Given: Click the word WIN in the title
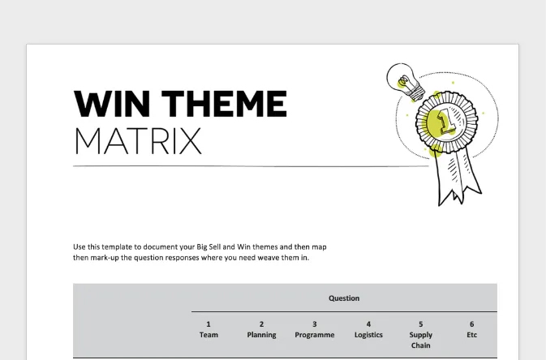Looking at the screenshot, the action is click(x=112, y=104).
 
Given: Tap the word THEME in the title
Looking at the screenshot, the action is click(x=224, y=104).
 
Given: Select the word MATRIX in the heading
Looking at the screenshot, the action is click(x=138, y=141).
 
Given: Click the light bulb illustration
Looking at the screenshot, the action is click(x=406, y=82).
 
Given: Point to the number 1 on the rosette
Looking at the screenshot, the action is click(x=446, y=121).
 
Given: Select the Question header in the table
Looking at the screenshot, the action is click(x=344, y=298).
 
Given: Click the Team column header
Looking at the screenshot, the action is click(x=209, y=335).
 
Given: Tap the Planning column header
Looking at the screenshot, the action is click(x=261, y=335).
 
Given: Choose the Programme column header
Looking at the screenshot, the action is click(x=315, y=335).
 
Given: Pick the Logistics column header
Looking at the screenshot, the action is click(x=368, y=335).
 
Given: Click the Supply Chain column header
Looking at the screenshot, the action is click(x=420, y=340).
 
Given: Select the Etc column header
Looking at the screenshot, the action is click(x=472, y=335).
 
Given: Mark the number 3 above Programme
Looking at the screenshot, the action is click(x=315, y=324).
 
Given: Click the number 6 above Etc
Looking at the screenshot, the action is click(x=472, y=324).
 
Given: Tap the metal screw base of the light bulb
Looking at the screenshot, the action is click(x=416, y=92).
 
